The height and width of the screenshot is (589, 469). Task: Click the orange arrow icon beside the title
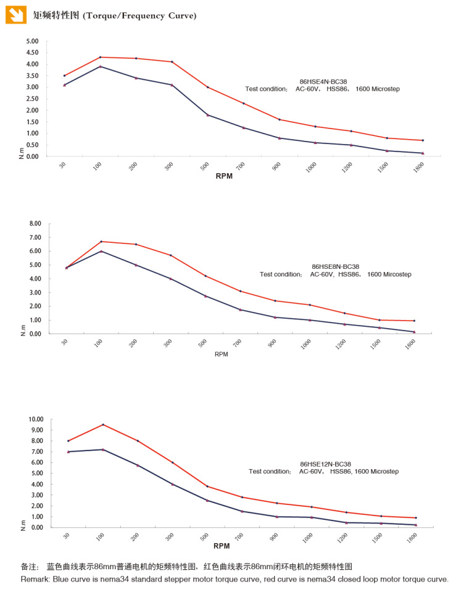point(16,14)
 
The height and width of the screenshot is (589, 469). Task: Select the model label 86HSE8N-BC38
point(336,266)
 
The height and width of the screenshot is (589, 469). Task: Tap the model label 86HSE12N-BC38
point(325,464)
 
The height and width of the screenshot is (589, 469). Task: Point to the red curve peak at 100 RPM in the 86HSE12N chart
point(102,425)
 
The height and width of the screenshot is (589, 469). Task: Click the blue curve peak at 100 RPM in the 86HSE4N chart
point(100,66)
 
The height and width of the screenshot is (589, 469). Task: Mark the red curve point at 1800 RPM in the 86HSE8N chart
point(414,320)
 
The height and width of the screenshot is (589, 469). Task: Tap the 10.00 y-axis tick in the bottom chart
point(34,420)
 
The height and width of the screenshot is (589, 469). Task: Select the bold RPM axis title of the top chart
point(223,176)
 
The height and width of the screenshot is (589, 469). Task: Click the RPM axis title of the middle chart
point(222,354)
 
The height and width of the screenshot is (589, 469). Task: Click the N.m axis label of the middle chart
point(23,329)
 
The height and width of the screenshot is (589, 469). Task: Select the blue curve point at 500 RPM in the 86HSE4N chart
point(208,115)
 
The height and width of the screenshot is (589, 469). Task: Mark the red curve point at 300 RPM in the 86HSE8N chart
point(170,255)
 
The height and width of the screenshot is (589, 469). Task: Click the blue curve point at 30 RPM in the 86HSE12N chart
point(68,452)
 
